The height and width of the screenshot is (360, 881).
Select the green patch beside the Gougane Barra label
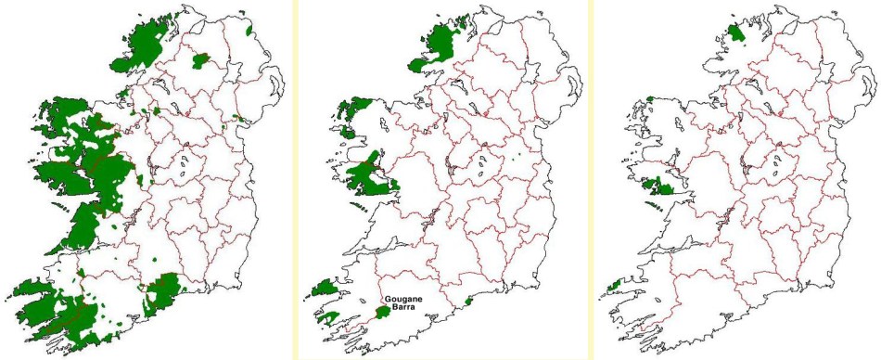point(382,314)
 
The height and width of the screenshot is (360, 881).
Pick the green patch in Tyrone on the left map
point(200,62)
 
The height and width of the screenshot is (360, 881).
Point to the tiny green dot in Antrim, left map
point(248,30)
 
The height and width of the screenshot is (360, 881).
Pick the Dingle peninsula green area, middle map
point(326,289)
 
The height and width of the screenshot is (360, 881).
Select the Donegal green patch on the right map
point(737,34)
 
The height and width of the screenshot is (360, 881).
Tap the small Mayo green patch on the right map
point(650,98)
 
